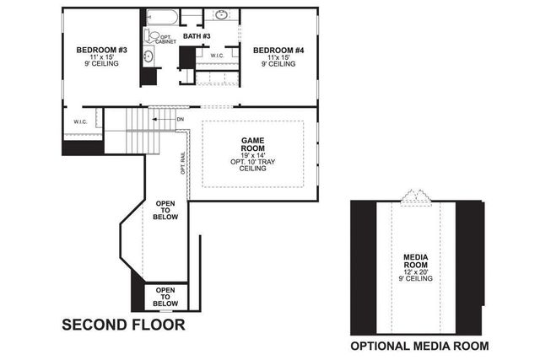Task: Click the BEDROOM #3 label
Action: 101,50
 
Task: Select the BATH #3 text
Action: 197,35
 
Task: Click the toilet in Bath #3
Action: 152,36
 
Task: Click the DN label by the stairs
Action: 181,120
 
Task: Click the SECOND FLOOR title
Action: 122,325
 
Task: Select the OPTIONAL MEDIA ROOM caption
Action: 419,346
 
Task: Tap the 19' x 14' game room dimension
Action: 253,154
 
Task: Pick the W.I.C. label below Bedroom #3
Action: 81,121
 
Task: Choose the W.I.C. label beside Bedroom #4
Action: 218,55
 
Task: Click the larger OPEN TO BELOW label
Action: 165,210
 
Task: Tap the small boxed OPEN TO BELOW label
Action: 165,298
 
